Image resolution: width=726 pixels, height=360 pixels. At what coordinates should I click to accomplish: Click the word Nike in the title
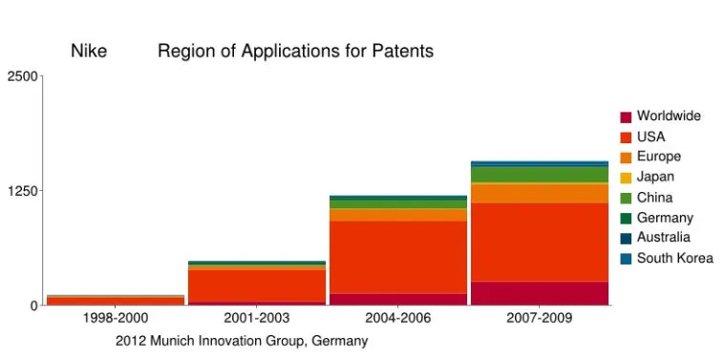point(89,52)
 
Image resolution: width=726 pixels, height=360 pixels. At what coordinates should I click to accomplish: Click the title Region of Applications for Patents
point(295,52)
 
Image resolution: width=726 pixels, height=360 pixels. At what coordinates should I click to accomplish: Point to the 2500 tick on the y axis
point(24,76)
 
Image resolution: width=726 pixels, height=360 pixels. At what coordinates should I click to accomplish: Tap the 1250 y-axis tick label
point(24,191)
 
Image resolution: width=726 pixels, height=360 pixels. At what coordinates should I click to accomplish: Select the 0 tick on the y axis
point(32,306)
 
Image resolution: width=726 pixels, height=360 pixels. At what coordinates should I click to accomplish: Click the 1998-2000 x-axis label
point(116,318)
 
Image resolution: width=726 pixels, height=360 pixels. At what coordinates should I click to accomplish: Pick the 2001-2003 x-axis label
point(256,318)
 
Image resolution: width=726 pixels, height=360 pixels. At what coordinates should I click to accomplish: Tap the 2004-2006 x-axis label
point(397,318)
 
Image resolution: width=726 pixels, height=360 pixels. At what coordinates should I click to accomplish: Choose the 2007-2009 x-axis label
point(539,318)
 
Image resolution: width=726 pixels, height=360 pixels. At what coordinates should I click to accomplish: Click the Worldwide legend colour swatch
point(626,116)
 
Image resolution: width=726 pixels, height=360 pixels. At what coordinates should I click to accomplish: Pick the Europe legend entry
point(658,157)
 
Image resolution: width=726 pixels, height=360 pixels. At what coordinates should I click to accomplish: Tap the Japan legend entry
point(655,177)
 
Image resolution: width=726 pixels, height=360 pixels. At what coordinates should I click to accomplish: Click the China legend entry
point(654,198)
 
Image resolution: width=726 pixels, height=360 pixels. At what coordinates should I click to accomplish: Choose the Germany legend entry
point(665,218)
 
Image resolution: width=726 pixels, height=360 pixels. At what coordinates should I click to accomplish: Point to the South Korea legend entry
point(674,258)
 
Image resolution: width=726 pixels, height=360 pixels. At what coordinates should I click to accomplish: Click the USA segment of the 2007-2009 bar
point(539,242)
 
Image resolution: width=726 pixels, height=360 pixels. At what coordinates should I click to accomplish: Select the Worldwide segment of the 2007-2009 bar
point(539,293)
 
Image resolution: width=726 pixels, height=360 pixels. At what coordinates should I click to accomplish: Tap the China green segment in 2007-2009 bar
point(539,175)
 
